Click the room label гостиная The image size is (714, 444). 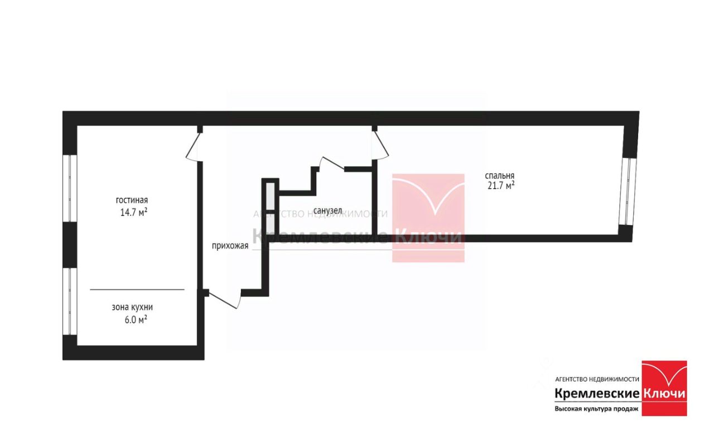point(132,200)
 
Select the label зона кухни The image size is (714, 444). point(132,307)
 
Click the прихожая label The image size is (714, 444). point(230,246)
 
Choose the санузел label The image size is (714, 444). point(327,211)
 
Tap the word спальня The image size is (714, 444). point(500,175)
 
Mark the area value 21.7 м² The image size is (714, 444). point(501,186)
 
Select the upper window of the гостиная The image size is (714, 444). point(70,188)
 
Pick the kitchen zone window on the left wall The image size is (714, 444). point(70,302)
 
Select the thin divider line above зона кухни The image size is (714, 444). point(137,289)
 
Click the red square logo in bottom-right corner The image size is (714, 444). point(664,388)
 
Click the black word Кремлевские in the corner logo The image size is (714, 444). point(596,394)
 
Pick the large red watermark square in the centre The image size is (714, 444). point(428,218)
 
